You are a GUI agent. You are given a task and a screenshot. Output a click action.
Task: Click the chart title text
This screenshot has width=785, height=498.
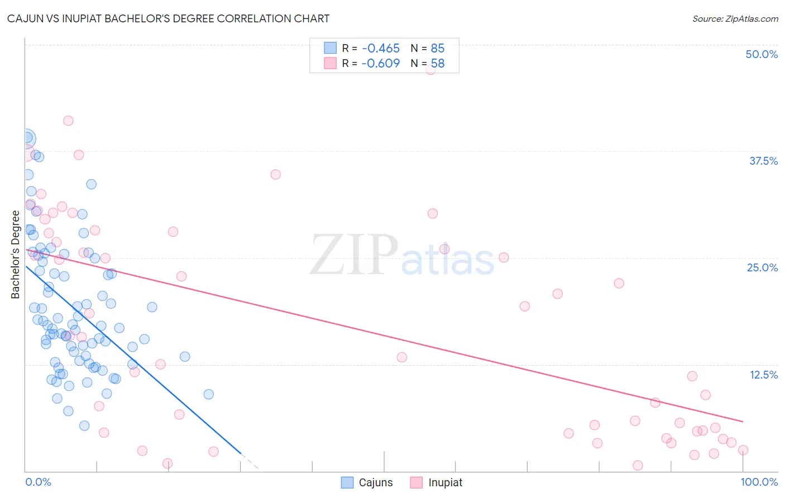pyautogui.click(x=168, y=18)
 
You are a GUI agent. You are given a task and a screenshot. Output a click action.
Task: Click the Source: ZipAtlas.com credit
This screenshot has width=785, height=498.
pyautogui.click(x=735, y=19)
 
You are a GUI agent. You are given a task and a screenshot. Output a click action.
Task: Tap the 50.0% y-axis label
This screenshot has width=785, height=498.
pyautogui.click(x=762, y=54)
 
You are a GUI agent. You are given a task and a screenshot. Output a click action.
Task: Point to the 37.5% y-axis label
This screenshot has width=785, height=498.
pyautogui.click(x=763, y=161)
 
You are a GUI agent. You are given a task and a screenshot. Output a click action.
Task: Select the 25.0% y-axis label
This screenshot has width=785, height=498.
pyautogui.click(x=762, y=267)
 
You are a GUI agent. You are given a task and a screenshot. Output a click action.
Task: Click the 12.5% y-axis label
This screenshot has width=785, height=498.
pyautogui.click(x=763, y=375)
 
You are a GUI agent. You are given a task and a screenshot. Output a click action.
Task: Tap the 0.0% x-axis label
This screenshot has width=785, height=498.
pyautogui.click(x=38, y=482)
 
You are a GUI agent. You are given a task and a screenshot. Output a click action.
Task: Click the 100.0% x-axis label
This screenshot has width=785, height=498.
pyautogui.click(x=759, y=482)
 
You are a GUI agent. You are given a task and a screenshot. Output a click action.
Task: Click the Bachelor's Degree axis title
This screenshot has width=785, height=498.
pyautogui.click(x=16, y=255)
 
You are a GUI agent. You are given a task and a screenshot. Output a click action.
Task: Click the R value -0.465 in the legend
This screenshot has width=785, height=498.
pyautogui.click(x=380, y=49)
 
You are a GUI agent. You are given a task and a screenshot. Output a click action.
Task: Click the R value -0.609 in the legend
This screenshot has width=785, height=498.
pyautogui.click(x=380, y=64)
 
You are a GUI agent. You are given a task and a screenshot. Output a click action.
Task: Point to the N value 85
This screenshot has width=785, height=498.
pyautogui.click(x=438, y=49)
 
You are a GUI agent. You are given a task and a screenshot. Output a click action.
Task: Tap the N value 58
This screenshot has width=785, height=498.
pyautogui.click(x=438, y=64)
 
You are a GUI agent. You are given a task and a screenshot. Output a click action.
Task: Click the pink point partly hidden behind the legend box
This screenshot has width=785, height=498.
pyautogui.click(x=430, y=70)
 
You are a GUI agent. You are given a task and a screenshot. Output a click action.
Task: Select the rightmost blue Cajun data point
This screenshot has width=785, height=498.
pyautogui.click(x=208, y=394)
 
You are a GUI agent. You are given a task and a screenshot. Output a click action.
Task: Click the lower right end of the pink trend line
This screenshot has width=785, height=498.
pyautogui.click(x=743, y=421)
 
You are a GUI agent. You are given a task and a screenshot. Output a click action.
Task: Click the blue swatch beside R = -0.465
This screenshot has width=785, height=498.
pyautogui.click(x=331, y=48)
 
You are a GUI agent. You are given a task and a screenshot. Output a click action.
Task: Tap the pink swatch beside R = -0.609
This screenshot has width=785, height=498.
pyautogui.click(x=331, y=63)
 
